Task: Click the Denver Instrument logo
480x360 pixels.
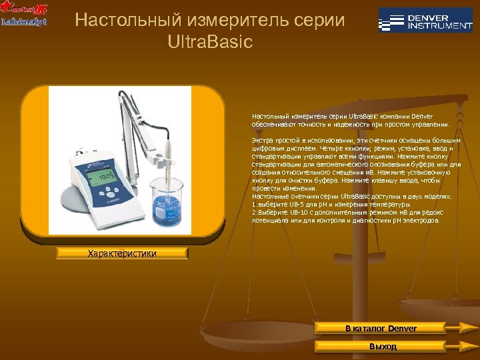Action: click(425, 21)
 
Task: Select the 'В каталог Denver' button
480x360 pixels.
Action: click(381, 329)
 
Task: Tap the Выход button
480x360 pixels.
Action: click(381, 347)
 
